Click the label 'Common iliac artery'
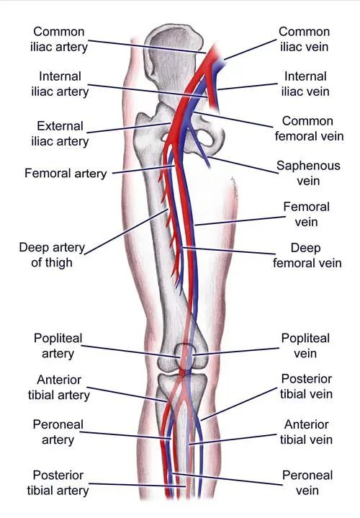point(59,40)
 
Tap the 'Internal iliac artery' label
point(60,84)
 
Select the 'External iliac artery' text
point(60,133)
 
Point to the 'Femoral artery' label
point(66,173)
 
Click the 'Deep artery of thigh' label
point(52,255)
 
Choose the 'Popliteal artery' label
point(58,346)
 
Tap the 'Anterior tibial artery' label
point(59,387)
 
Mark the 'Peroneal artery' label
point(58,432)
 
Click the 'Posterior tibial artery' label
point(58,483)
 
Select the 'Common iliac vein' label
point(304,40)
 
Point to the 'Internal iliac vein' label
point(305,84)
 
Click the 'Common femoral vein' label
point(309,128)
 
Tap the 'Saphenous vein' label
point(308,173)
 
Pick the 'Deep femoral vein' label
point(307,255)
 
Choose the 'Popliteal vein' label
point(305,346)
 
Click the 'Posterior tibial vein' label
point(306,386)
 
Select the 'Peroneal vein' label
point(307,483)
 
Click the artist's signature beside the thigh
point(235,189)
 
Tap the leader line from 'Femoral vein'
point(240,221)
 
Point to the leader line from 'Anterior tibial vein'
point(233,439)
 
